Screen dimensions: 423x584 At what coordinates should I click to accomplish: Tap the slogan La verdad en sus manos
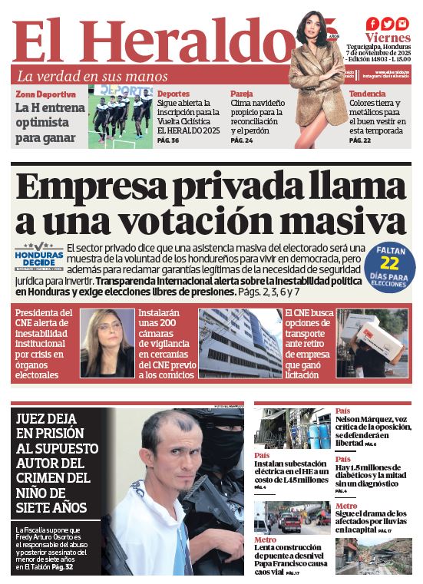pos(92,76)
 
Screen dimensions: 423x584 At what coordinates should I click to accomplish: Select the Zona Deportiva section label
pos(46,94)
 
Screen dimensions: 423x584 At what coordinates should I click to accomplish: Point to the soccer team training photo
pos(121,117)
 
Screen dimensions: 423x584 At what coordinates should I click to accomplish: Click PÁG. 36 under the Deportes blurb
pos(168,140)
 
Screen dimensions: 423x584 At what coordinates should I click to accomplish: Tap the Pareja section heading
pos(242,94)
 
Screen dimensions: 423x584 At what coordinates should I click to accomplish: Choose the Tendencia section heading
pos(368,94)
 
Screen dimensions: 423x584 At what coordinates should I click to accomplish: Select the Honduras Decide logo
pos(38,257)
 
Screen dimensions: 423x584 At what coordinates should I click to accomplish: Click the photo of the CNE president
pos(107,342)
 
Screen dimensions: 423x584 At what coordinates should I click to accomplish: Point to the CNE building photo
pos(240,342)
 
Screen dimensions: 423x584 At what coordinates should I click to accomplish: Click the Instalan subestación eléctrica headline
pos(291,474)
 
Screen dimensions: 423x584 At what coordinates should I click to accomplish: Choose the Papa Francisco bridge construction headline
pos(291,558)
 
